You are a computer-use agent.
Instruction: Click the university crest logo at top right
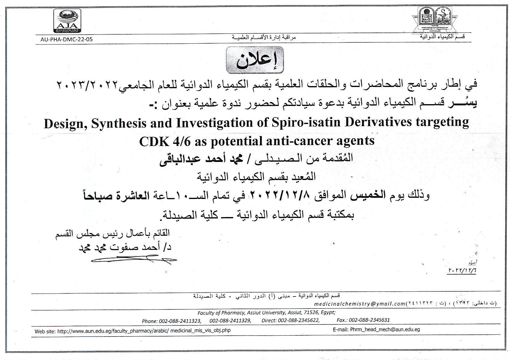435,20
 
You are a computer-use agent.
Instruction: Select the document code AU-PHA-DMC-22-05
66,39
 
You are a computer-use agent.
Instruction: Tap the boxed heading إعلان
255,60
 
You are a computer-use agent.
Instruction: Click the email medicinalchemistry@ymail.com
360,304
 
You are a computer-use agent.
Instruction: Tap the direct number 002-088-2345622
298,321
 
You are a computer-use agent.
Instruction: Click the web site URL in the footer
144,331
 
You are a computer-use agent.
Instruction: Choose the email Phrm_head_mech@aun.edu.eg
385,330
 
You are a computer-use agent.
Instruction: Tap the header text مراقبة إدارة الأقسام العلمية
264,37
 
